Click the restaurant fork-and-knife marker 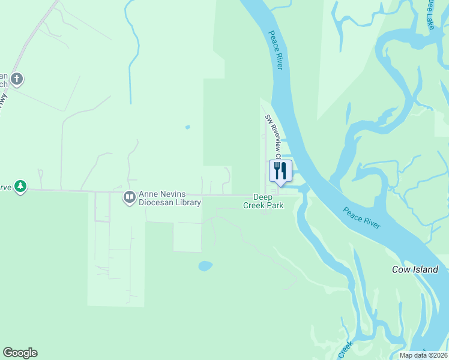[280, 171]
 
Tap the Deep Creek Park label [263, 201]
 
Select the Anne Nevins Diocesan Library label [170, 198]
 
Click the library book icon [129, 197]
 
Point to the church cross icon [17, 79]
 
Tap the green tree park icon [21, 187]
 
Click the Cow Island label [415, 269]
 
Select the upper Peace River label [276, 50]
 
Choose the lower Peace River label [361, 217]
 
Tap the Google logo [20, 353]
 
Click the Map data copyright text [423, 355]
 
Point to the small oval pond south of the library [205, 265]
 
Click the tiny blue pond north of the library [188, 127]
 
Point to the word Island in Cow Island [424, 269]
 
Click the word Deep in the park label [263, 197]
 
